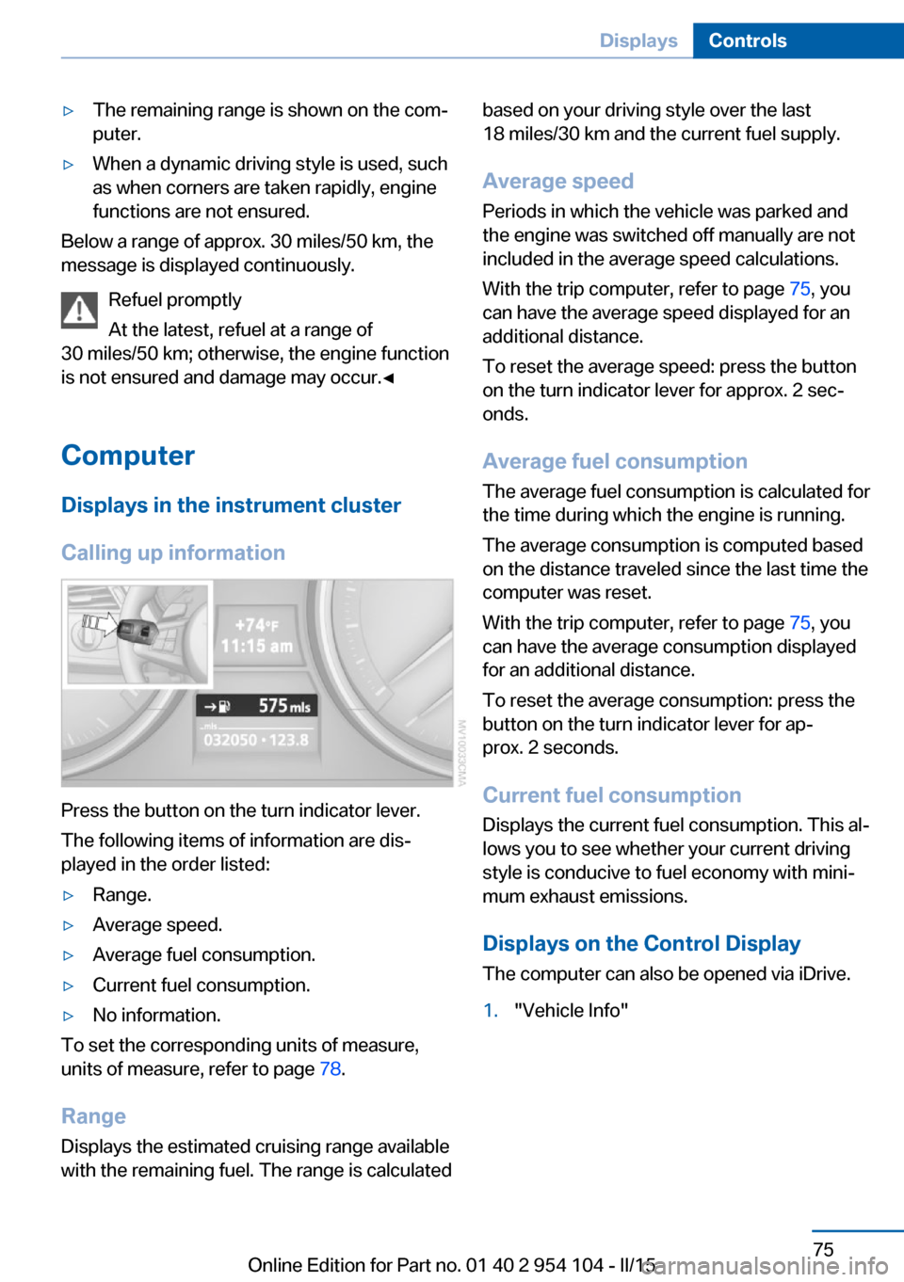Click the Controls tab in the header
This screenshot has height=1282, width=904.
pos(747,40)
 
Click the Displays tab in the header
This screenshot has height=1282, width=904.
pos(638,40)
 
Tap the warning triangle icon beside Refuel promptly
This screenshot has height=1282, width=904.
pos(79,310)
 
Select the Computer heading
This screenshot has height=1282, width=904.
pos(128,456)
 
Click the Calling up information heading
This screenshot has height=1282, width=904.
pos(173,553)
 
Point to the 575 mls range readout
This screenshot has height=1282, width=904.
pos(283,706)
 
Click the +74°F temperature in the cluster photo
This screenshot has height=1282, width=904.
pos(256,625)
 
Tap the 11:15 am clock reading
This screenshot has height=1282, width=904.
pos(256,647)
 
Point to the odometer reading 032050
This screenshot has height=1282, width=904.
pos(230,740)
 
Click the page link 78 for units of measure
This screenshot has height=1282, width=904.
pos(330,1069)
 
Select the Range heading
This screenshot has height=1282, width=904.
pos(93,1116)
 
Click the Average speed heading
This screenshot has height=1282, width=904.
pos(557,181)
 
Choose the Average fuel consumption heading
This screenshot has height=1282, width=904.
pos(615,461)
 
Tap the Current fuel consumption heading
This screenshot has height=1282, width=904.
pos(611,795)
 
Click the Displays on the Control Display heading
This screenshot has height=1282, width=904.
pos(641,944)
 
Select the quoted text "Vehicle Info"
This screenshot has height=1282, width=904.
pos(571,1011)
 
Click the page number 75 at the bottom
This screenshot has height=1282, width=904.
pos(823,1249)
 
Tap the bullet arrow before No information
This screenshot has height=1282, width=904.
pos(68,1016)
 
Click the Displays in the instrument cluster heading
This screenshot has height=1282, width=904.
pos(231,505)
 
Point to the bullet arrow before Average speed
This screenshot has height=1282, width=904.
pos(68,925)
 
